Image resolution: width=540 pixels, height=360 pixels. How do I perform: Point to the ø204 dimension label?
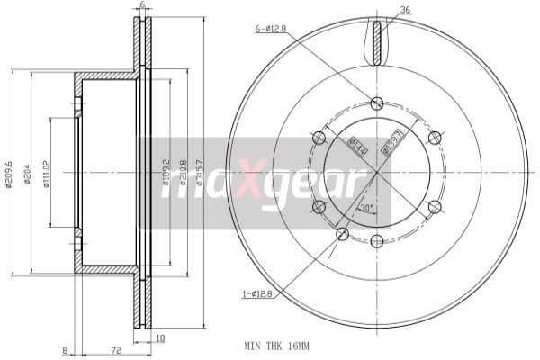[29, 174]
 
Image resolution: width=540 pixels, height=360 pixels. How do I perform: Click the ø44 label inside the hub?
[356, 145]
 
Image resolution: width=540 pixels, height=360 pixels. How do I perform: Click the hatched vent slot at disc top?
[377, 41]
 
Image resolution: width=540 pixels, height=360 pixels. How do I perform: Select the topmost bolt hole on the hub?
[376, 103]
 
